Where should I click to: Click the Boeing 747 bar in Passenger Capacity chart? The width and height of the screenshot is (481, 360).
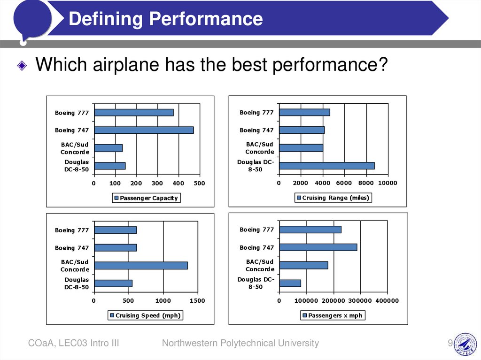(144, 130)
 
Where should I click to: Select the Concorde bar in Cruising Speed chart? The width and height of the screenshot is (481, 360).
(140, 266)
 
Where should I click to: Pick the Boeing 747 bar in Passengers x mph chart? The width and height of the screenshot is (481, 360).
(318, 247)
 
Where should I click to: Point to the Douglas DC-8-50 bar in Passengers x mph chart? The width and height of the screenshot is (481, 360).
(290, 283)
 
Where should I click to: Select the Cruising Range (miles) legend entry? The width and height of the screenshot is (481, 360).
(333, 198)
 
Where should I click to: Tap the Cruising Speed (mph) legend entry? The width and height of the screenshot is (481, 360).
(145, 315)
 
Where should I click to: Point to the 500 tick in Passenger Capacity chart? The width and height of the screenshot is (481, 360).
(200, 183)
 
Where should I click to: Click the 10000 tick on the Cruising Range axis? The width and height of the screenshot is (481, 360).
(388, 183)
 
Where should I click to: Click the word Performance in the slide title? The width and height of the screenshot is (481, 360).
(206, 19)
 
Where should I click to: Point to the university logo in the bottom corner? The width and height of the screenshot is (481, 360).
(465, 344)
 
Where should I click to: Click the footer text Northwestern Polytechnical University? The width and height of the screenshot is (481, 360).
(240, 344)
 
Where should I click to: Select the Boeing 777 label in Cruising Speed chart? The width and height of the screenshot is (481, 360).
(71, 230)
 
